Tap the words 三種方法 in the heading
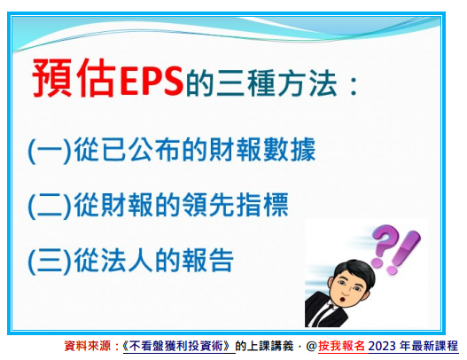click(x=277, y=82)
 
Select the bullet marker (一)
click(x=50, y=150)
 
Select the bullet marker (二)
click(x=50, y=206)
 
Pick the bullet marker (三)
click(x=50, y=261)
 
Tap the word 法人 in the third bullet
click(x=127, y=260)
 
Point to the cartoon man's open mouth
click(x=345, y=298)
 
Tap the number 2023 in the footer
click(x=382, y=346)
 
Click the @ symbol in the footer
click(x=311, y=347)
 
